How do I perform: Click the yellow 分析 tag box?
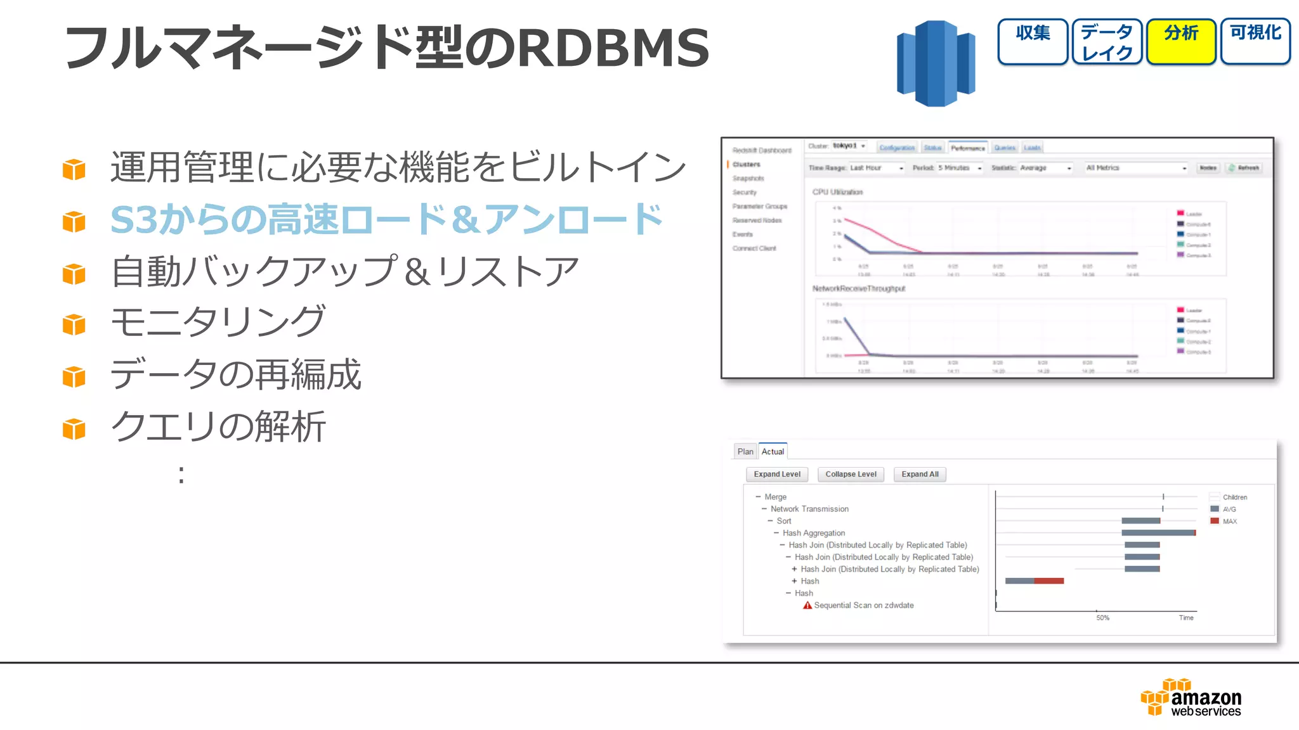[1181, 42]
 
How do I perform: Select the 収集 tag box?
[1033, 42]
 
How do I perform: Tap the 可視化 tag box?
[1255, 42]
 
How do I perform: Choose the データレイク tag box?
[1107, 42]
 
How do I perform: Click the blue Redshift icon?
[936, 63]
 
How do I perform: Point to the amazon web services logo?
[1191, 698]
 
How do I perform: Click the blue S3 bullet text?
[387, 220]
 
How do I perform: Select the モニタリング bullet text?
[218, 321]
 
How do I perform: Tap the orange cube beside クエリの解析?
[74, 429]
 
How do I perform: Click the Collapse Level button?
[851, 474]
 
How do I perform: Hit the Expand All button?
[920, 474]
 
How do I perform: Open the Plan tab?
[745, 451]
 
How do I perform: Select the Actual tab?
[773, 451]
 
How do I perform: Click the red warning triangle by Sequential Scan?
[807, 605]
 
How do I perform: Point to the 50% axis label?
[1102, 617]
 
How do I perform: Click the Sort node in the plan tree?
[784, 521]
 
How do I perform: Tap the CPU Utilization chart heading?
[837, 192]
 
